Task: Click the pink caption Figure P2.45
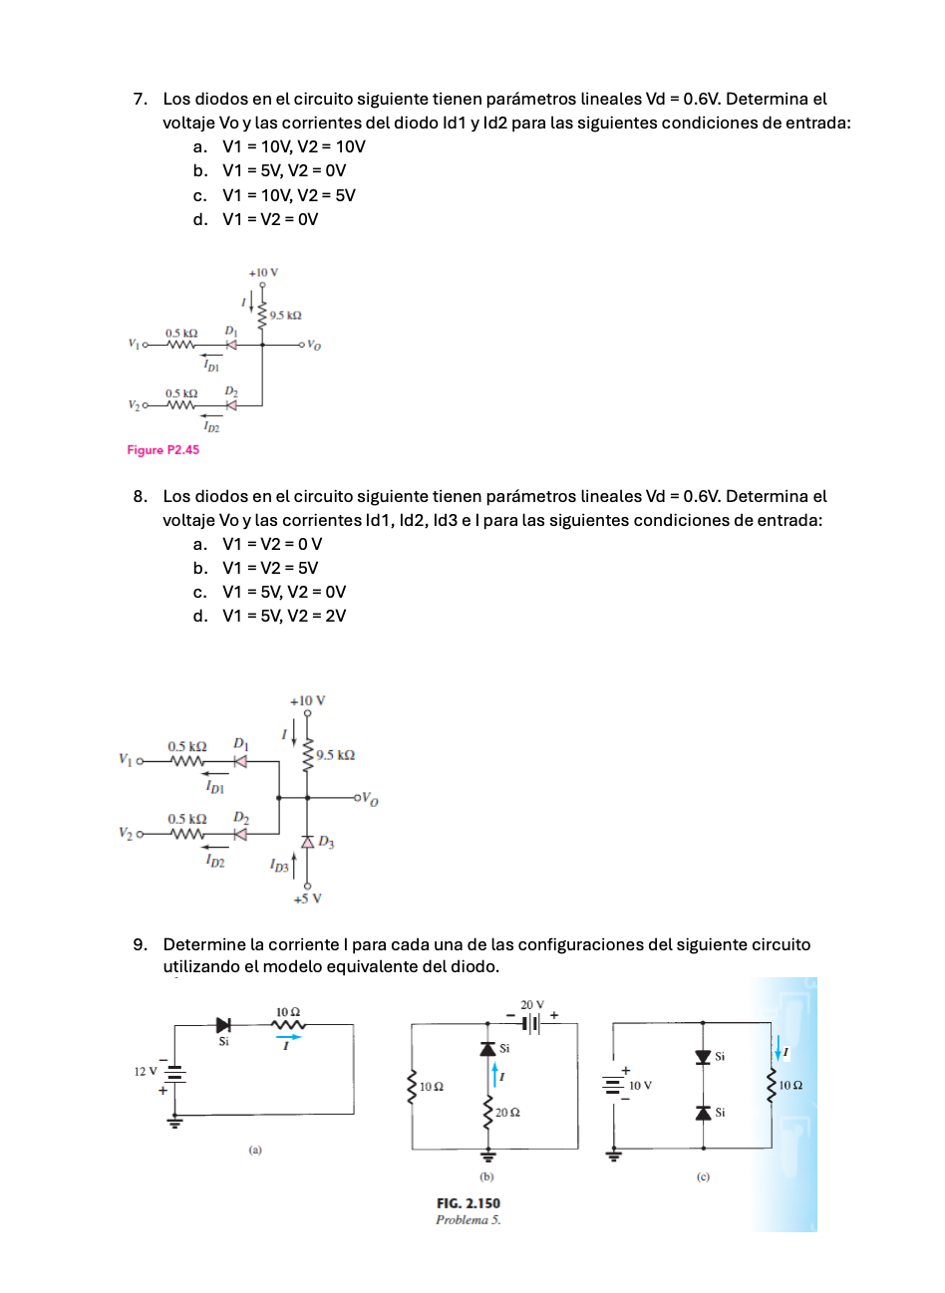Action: pos(162,450)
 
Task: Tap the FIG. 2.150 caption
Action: pos(468,1203)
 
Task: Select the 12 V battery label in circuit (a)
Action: pos(146,1072)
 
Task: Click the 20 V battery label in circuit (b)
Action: pos(532,1005)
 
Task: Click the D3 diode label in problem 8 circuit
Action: pos(326,843)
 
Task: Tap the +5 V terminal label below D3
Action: pos(307,899)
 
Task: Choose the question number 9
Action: pos(141,944)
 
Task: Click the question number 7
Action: pos(141,100)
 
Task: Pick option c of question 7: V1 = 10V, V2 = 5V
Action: pos(288,195)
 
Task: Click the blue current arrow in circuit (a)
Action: pos(287,1036)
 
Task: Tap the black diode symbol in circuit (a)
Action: pos(223,1024)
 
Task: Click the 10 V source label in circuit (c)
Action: pos(640,1085)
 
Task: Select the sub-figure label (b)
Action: pos(486,1176)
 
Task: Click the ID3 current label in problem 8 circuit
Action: pos(279,867)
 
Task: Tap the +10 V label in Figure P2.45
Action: pos(263,272)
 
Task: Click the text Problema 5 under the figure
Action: pos(468,1220)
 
